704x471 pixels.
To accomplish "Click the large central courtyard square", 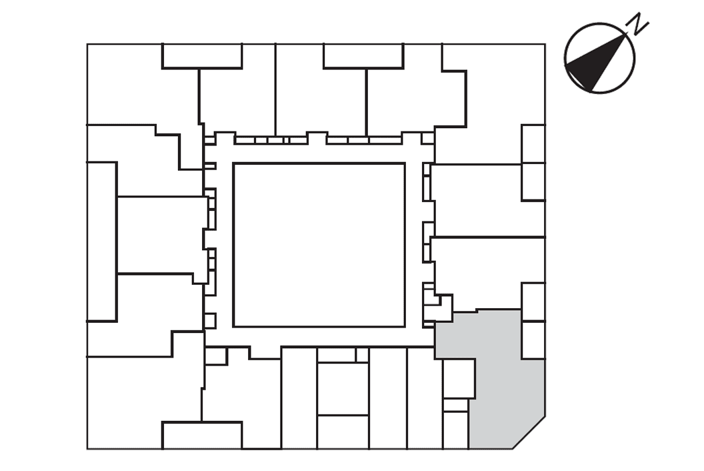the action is [x=319, y=245].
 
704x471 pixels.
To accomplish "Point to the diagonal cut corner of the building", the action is [x=529, y=433].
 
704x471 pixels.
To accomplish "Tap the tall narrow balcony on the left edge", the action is [x=102, y=242].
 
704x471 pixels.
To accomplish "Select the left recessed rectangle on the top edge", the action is [x=202, y=56].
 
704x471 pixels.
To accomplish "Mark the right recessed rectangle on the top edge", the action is [x=363, y=56].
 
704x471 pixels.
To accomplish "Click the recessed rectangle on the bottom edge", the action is [x=202, y=435].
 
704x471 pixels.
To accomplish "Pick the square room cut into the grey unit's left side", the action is [x=459, y=378].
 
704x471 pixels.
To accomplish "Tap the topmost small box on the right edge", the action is [x=533, y=144].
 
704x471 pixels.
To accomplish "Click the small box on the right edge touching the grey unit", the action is [x=533, y=340].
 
